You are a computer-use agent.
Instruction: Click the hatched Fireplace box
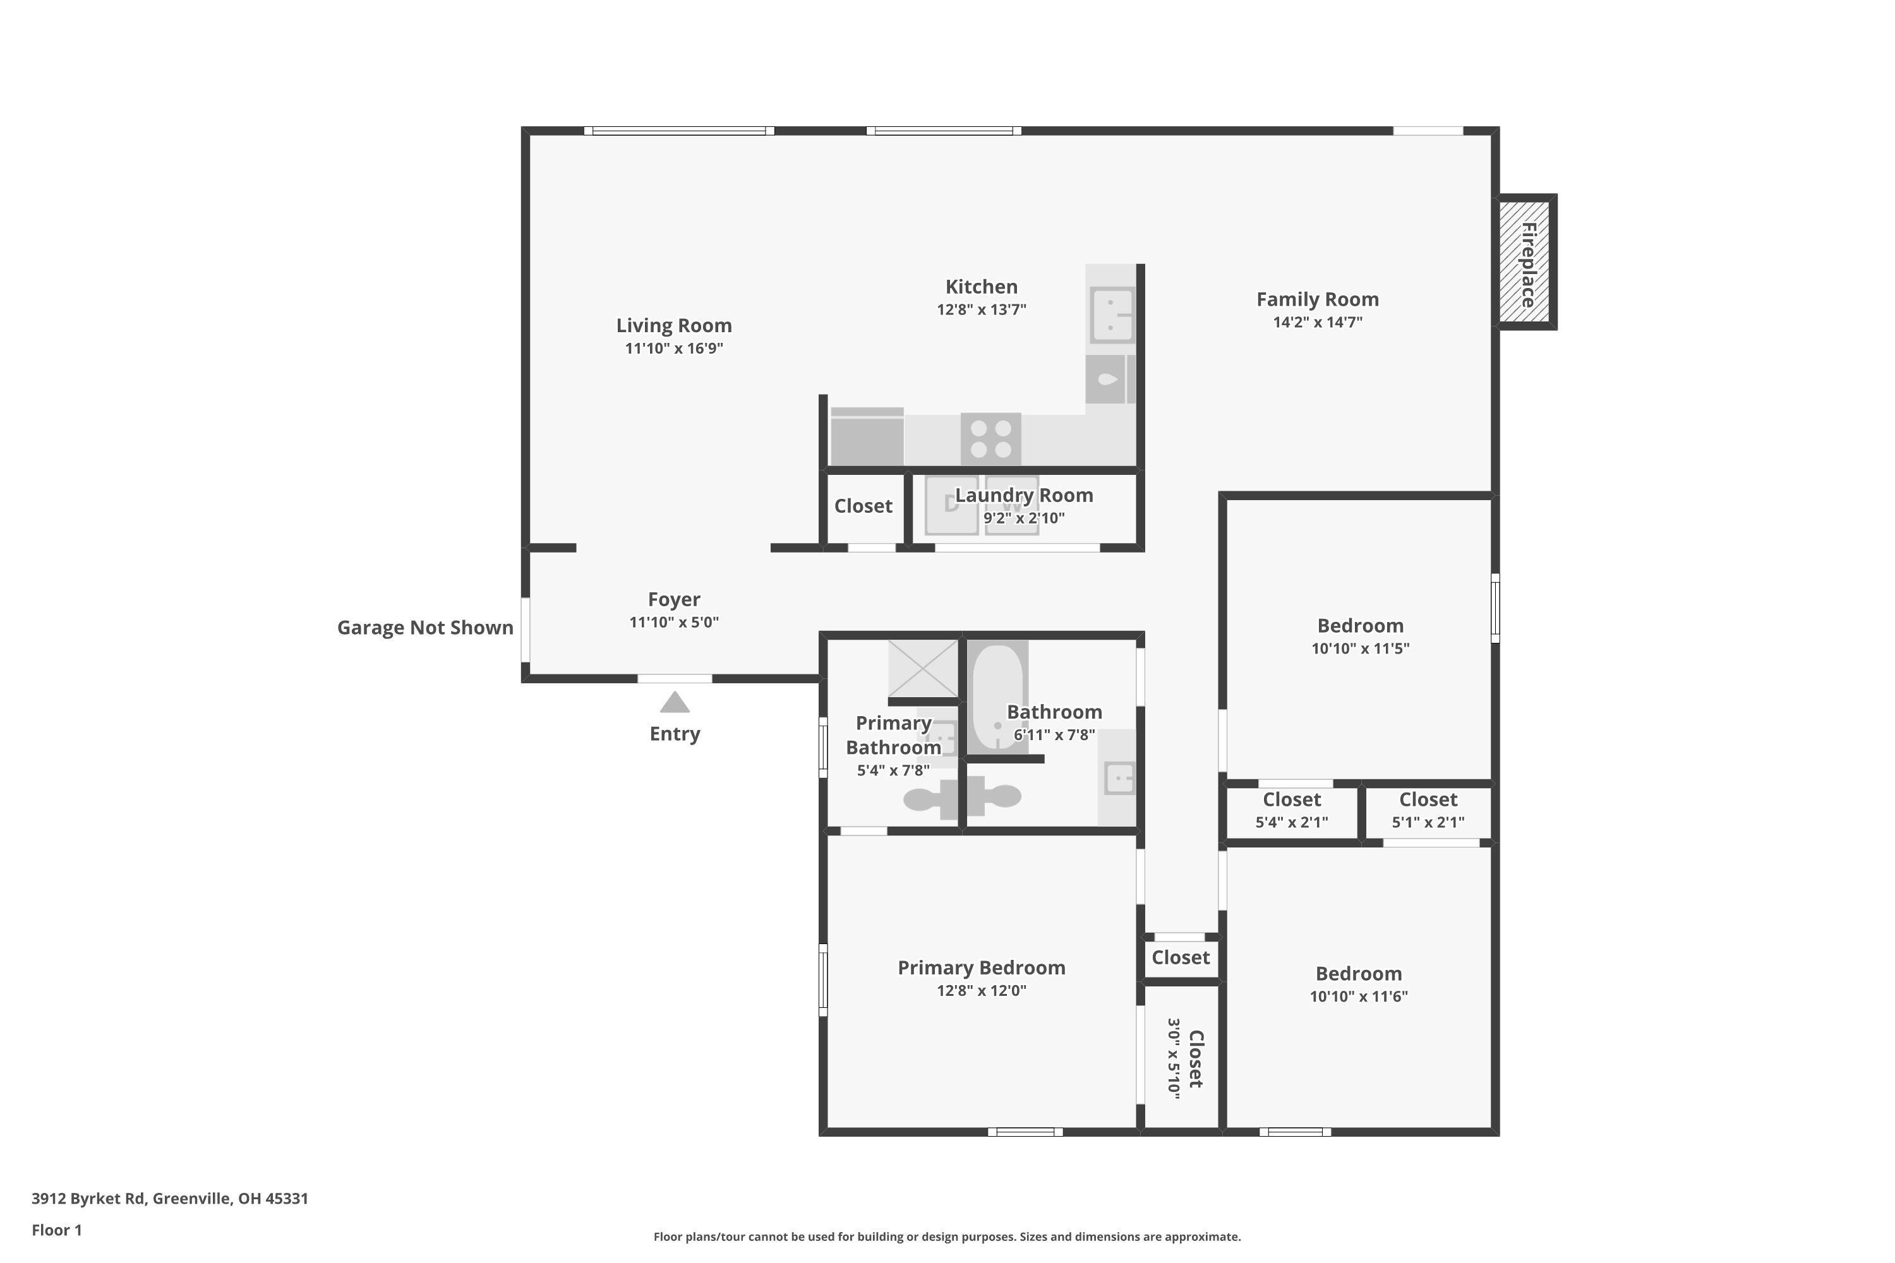(x=1527, y=262)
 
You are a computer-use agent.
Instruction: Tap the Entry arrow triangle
(x=675, y=703)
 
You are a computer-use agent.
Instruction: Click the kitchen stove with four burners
(x=990, y=439)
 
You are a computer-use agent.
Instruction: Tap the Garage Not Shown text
(x=424, y=628)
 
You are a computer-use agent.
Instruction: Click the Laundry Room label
(x=1023, y=495)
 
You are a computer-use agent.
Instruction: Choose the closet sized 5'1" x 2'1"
(x=1428, y=810)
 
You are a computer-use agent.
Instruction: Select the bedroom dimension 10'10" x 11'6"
(x=1359, y=997)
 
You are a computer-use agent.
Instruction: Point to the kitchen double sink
(x=1112, y=314)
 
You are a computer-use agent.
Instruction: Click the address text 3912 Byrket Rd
(x=169, y=1198)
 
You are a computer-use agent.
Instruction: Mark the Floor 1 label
(x=56, y=1230)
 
